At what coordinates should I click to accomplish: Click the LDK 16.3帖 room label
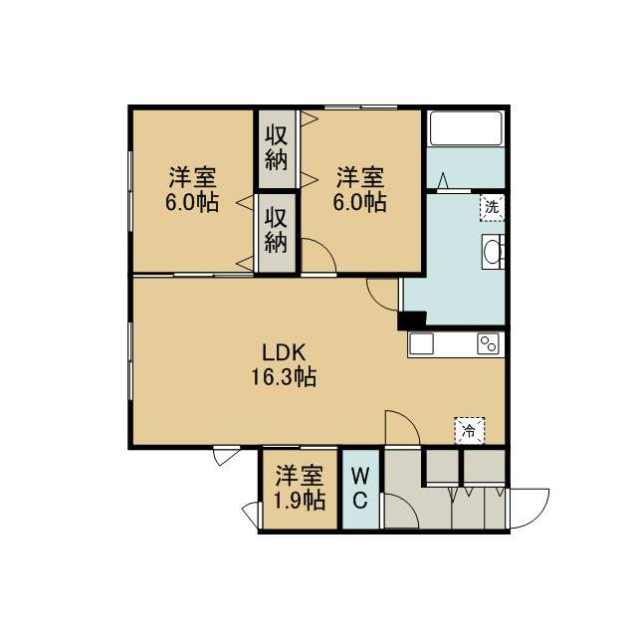tap(284, 364)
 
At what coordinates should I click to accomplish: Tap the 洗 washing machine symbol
tap(492, 208)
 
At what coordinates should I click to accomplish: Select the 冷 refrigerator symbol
tap(470, 431)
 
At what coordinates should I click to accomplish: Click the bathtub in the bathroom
tap(466, 128)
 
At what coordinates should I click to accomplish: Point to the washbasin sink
tap(494, 252)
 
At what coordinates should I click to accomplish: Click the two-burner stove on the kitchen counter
tap(488, 344)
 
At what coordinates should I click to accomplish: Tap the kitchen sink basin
tap(421, 344)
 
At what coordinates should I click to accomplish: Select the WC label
tap(360, 488)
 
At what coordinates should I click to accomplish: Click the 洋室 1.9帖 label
tap(300, 488)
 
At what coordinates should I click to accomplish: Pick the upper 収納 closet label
tap(277, 148)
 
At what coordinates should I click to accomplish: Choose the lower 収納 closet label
tap(277, 231)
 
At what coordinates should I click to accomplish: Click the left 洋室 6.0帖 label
tap(192, 189)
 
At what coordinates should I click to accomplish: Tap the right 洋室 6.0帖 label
tap(360, 189)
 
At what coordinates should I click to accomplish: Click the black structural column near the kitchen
tap(411, 320)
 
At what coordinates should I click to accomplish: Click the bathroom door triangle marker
tap(443, 180)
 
